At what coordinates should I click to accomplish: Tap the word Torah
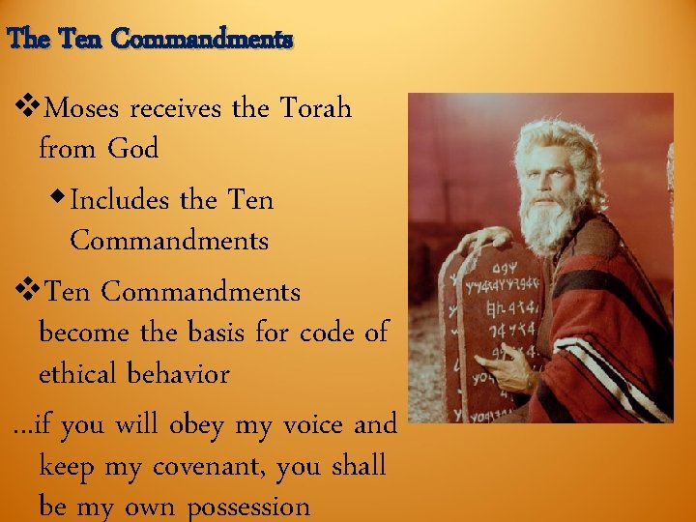(x=315, y=107)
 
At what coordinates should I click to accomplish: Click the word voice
(x=311, y=424)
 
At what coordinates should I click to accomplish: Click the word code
(x=326, y=332)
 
